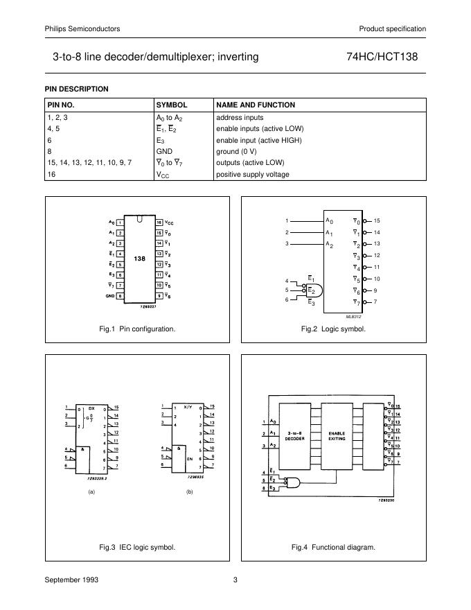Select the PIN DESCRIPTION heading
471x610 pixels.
(76, 89)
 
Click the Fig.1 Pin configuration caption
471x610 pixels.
(137, 329)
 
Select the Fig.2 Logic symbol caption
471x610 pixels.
(333, 329)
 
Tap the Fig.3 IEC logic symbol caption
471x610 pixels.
(137, 547)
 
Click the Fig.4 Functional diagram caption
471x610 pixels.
(333, 547)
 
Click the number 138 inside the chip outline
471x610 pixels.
(140, 258)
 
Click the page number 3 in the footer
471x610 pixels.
(235, 579)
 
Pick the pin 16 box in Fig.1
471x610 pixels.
(159, 222)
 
